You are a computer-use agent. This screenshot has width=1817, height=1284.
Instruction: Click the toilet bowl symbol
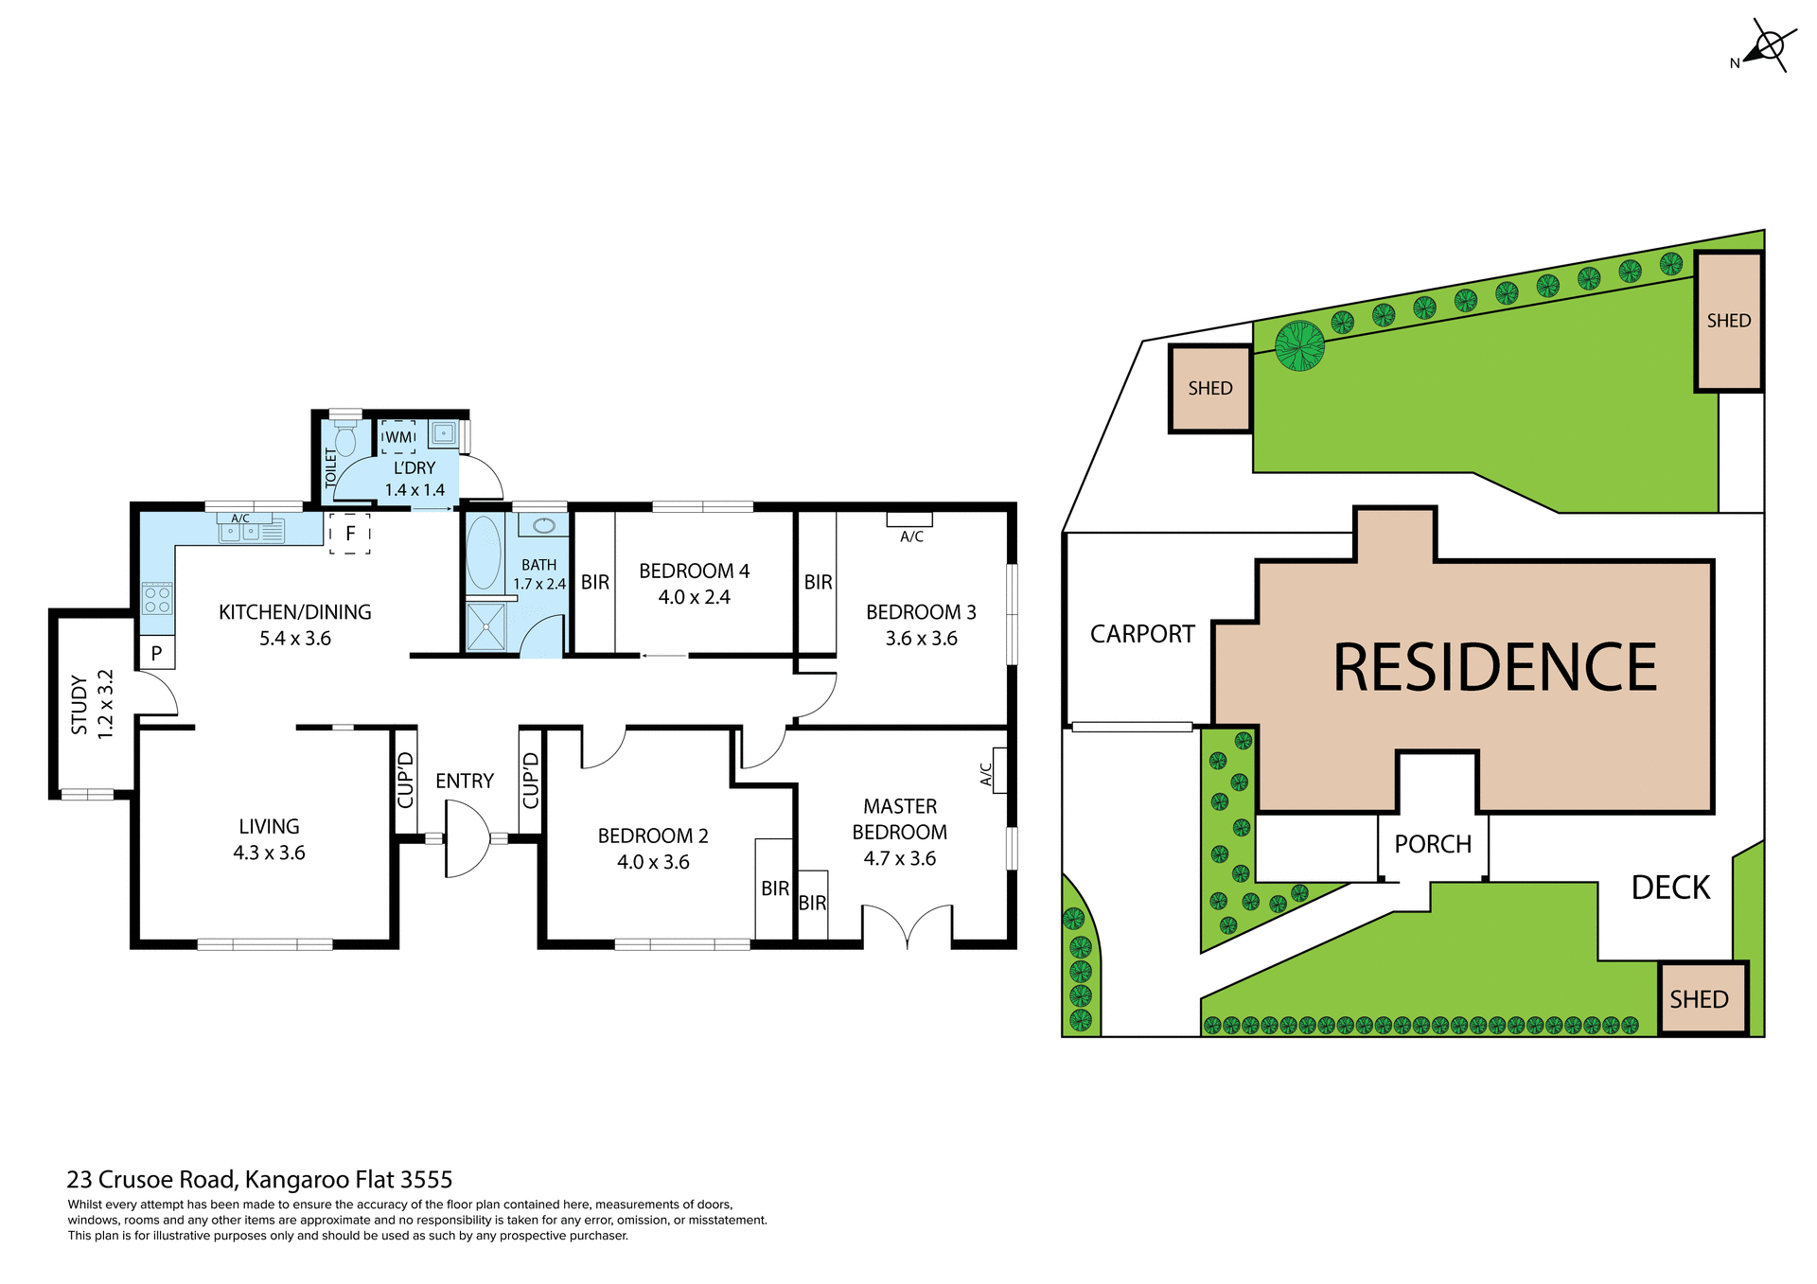345,440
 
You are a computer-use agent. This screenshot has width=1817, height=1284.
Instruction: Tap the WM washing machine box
398,437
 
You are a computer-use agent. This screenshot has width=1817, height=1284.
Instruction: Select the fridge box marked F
350,534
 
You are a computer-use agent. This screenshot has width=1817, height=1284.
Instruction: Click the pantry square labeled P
157,653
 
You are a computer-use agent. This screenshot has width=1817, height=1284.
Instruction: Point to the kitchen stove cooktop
157,599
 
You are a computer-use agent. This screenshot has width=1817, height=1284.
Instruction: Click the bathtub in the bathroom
484,554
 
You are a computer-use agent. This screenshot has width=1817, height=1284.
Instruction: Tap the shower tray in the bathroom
486,626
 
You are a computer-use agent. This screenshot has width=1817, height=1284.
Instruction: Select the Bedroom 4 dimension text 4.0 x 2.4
694,597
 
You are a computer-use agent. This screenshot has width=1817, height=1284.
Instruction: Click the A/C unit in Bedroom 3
909,519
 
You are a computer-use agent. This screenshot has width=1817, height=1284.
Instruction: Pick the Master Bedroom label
899,819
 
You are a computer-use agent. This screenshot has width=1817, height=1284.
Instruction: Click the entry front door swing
467,838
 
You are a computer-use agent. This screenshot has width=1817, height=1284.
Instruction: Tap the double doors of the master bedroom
907,925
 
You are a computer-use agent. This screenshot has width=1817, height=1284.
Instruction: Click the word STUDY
79,705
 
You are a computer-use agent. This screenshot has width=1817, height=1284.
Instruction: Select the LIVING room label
269,827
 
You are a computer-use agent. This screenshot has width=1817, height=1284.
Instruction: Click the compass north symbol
1766,46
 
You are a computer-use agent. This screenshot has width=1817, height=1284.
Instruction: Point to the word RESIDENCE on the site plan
1494,668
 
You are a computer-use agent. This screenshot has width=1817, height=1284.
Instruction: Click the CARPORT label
1142,634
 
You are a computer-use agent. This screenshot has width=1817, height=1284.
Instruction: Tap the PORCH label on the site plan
1433,844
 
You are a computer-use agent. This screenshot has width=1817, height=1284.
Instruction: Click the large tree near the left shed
1299,345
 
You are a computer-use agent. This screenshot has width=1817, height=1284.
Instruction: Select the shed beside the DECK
1701,999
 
